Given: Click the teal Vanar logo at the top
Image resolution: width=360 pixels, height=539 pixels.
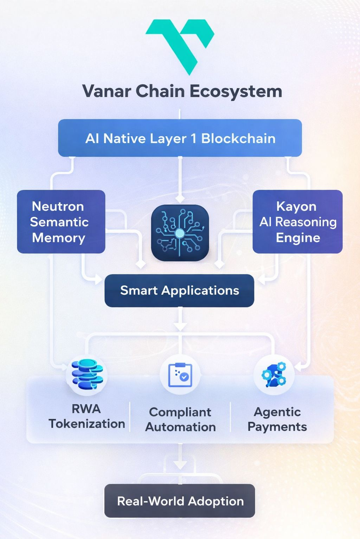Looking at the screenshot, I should coord(180,44).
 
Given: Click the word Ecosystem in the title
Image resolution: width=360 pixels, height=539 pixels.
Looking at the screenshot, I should coord(236,92).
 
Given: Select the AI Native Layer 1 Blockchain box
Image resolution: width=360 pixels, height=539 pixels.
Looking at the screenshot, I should coord(180,138).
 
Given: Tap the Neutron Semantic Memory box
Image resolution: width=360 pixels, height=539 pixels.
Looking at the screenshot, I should coord(61,221).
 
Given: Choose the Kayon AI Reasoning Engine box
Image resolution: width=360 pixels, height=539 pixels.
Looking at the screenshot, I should coord(297,221).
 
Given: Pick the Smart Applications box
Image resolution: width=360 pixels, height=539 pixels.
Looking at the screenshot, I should coord(179,291).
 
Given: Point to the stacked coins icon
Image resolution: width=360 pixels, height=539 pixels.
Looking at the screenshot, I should coord(86,374).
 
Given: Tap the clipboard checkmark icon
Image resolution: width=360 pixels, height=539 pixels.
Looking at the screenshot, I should coord(180,375).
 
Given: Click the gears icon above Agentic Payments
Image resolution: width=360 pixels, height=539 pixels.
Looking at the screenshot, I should coord(274,375).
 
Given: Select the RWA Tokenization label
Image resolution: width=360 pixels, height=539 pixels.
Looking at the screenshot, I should coord(86,417).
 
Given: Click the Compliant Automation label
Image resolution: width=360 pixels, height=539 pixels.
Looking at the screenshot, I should coord(180,419).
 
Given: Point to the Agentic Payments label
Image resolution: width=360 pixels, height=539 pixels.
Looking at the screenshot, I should coord(277,419).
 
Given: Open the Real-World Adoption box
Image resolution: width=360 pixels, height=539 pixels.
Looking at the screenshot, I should coord(180,501).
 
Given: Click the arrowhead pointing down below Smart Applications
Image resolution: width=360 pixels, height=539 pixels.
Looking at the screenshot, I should coord(180,327).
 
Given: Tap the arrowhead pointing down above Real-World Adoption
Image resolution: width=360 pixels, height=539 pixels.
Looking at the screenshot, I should coord(180,465).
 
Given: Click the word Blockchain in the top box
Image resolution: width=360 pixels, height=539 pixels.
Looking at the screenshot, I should coord(238,139).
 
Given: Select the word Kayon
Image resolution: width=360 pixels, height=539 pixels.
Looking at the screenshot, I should coord(296,206).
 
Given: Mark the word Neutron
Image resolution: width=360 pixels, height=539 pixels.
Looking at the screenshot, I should coord(58,206).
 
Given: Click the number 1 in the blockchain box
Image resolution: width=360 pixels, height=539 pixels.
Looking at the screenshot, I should coord(193,139).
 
